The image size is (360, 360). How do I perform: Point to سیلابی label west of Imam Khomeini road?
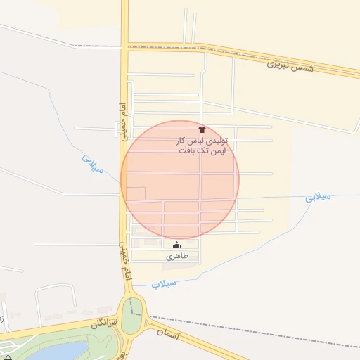pos(93,167)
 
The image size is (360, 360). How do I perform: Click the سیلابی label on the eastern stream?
pos(318,198)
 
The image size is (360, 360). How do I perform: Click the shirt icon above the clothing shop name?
pos(202,129)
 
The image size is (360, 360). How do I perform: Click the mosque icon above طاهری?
pos(176,245)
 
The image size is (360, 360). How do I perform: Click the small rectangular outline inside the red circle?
pos(136,194)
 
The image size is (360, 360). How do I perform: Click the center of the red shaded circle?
pos(180,179)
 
